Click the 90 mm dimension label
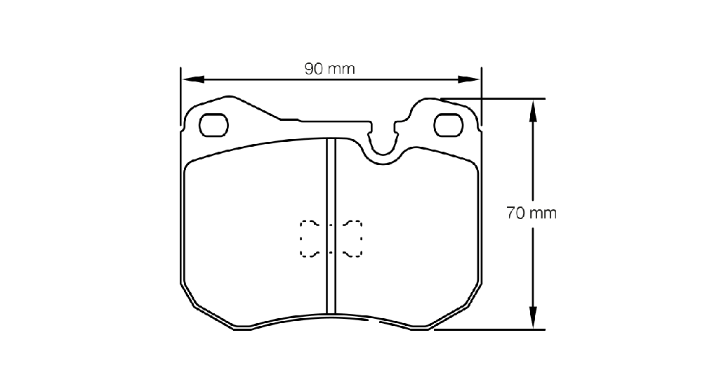coord(330,69)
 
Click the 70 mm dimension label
coord(532,214)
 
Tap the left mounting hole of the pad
coord(213,125)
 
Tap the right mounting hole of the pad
coord(449,125)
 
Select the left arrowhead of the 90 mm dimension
coord(193,79)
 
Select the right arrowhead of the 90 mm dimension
coord(468,79)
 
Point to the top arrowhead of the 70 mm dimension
coord(532,111)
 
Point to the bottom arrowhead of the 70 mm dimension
coord(532,317)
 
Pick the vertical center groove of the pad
coord(331,226)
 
